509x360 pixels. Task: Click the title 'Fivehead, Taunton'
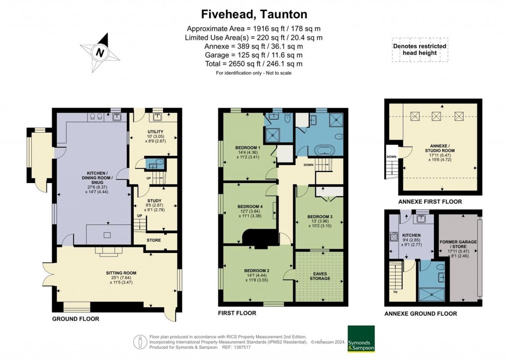pos(254,13)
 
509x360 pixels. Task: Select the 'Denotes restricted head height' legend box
pos(420,50)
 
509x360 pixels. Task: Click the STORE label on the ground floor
pos(154,241)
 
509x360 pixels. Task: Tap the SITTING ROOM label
pos(121,273)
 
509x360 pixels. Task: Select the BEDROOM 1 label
pos(248,148)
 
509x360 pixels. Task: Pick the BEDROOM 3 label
pos(320,216)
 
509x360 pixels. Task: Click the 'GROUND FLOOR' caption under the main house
pos(76,319)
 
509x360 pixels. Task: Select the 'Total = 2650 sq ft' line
pos(254,64)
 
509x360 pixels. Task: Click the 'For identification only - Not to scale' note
pos(254,73)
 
